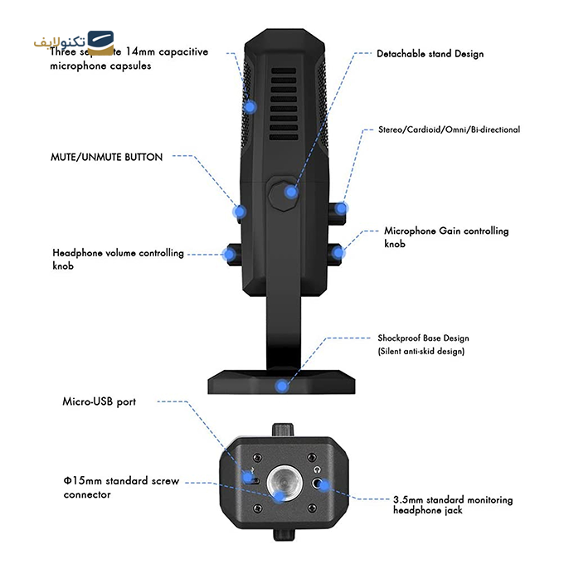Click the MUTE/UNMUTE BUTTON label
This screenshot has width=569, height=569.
coord(106,156)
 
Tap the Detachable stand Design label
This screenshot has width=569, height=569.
coord(430,54)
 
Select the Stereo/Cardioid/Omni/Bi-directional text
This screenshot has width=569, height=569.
coord(449,130)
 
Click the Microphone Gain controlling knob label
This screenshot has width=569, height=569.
coord(446,237)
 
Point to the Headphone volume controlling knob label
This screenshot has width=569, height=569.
coord(118,259)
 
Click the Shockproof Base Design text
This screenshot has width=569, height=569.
coord(423,338)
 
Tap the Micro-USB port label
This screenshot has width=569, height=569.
coord(100,401)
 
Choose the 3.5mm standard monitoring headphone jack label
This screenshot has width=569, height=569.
coord(453,505)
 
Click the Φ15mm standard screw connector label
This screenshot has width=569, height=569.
coord(121,488)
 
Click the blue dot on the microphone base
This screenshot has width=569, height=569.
coord(283,386)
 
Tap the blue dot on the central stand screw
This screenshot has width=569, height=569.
coord(290,192)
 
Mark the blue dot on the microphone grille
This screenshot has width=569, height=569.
coord(250,106)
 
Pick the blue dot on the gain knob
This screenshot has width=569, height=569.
coord(337,250)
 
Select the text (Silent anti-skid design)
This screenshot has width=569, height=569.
coord(421,352)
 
